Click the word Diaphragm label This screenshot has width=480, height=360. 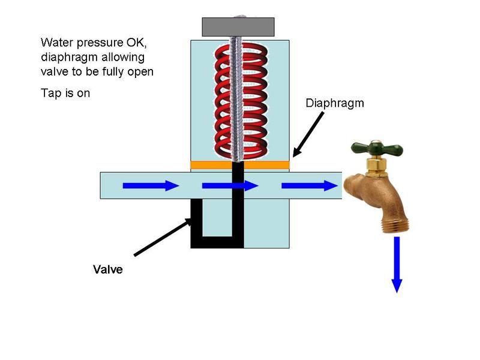(x=334, y=103)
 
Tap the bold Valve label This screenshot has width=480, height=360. (x=108, y=269)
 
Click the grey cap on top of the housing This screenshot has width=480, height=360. (x=238, y=26)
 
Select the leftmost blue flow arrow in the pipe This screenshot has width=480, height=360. (x=151, y=186)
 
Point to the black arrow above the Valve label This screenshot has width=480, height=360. (x=162, y=238)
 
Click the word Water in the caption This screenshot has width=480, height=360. (x=55, y=43)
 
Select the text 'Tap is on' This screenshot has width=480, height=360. (x=65, y=93)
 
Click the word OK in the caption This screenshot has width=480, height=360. (x=146, y=43)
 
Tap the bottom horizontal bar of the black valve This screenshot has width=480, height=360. (x=217, y=243)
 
